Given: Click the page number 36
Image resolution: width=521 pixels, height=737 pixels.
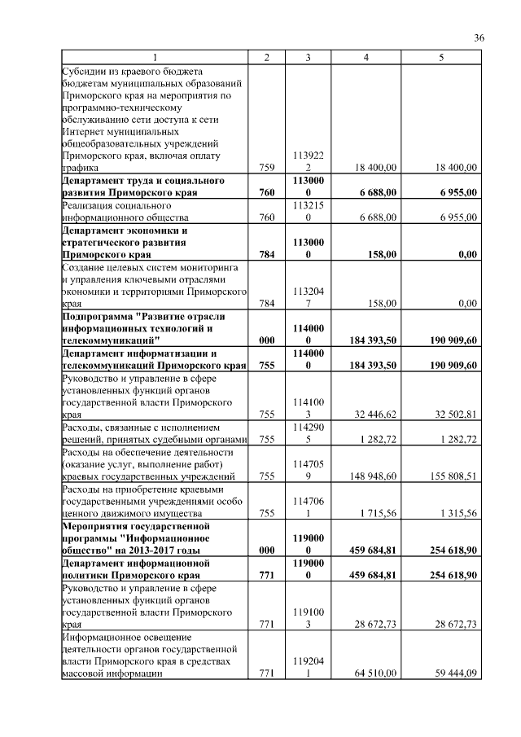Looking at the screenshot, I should (479, 38).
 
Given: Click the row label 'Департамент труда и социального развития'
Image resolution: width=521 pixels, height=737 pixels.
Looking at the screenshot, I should (142, 186).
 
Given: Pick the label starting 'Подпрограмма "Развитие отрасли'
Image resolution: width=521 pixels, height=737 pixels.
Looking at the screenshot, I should (143, 327).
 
